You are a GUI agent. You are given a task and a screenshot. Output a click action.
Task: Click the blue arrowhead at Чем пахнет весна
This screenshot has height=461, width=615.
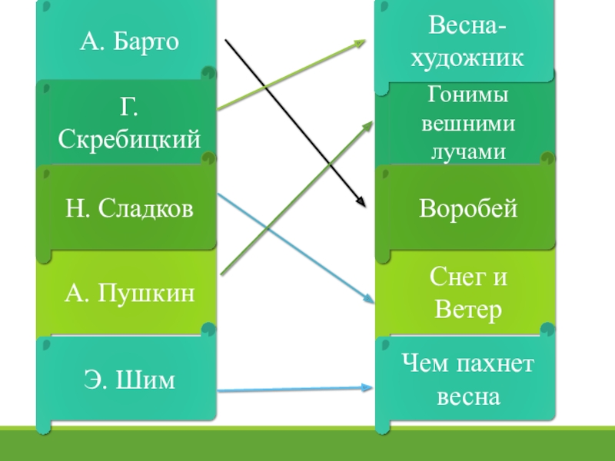pyautogui.click(x=369, y=388)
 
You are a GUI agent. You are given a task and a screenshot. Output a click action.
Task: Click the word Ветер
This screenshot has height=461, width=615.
pyautogui.click(x=467, y=310)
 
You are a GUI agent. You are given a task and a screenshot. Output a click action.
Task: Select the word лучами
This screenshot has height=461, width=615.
pyautogui.click(x=467, y=151)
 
